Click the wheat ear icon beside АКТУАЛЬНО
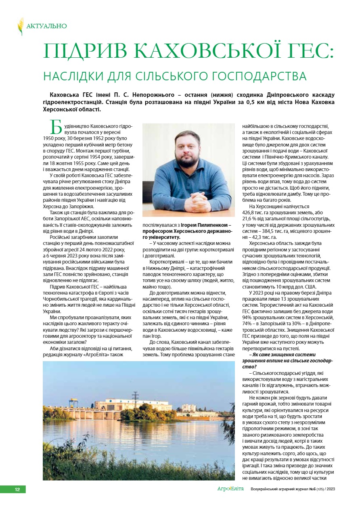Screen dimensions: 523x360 [x=21, y=26]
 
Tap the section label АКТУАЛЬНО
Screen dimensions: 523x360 [x=46, y=26]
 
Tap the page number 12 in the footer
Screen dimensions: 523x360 [x=17, y=490]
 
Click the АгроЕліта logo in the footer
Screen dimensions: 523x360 [x=230, y=489]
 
